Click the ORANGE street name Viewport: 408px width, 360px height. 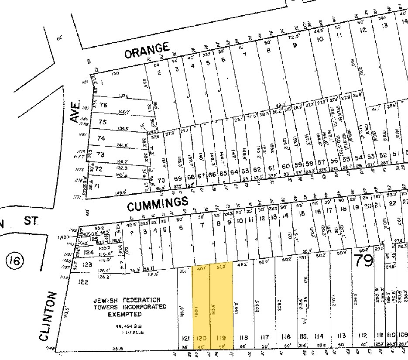coord(147,50)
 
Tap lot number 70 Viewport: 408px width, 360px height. coord(161,179)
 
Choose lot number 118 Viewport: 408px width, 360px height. coord(243,337)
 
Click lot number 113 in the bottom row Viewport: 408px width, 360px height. coord(342,336)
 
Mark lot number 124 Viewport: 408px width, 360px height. coord(89,252)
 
